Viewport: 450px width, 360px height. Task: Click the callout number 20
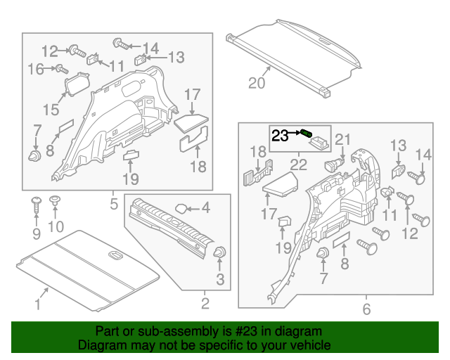click(257, 84)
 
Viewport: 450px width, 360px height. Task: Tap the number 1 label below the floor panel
click(38, 305)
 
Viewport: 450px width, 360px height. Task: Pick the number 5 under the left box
click(113, 204)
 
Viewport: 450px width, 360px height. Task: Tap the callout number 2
click(205, 304)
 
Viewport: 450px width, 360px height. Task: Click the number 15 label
click(51, 110)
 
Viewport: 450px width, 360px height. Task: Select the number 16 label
click(35, 68)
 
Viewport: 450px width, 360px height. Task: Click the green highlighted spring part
click(307, 134)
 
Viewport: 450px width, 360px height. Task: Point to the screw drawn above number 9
click(36, 205)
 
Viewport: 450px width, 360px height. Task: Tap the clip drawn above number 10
click(56, 202)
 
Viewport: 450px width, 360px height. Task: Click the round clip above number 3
click(219, 253)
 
